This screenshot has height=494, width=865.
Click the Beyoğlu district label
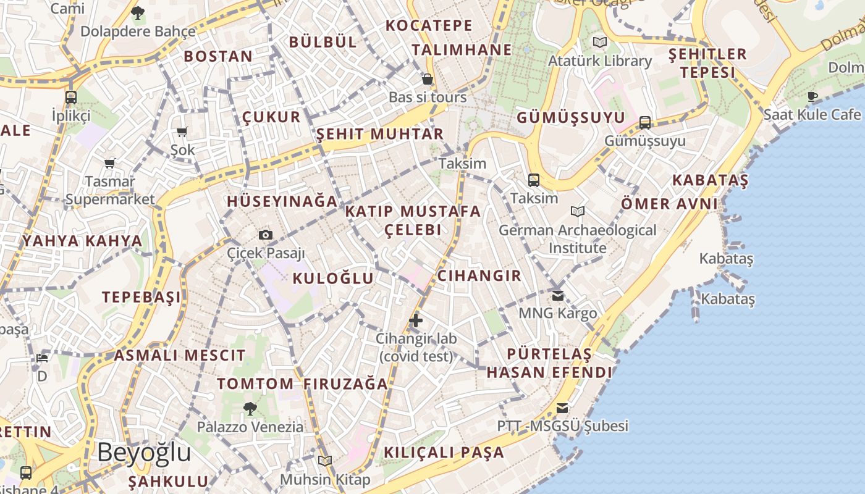coord(144,453)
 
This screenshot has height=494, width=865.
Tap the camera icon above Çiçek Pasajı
coord(266,235)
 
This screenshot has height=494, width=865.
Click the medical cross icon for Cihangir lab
coord(416,320)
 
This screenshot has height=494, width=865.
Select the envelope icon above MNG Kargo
coord(558,296)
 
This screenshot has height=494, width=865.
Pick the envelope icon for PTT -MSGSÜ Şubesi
coord(562,408)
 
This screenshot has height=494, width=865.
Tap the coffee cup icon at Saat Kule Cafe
coord(812,96)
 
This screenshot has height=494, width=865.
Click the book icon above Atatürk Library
coord(599,42)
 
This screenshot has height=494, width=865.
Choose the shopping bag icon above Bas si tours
coord(427,79)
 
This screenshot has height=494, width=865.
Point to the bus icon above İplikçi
coord(71,97)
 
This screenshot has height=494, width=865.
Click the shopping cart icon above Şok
coord(182,132)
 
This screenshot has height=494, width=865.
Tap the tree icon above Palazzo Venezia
coord(250,408)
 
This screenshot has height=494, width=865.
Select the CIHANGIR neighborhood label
coord(479,275)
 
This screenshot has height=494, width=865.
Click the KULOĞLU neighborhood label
coord(333,278)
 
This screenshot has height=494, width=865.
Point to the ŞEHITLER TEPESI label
coord(708,63)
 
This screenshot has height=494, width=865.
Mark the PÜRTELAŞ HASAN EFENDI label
coord(549,363)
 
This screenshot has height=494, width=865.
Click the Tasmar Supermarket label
coord(110,190)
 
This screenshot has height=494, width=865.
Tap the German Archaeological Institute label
coord(578,239)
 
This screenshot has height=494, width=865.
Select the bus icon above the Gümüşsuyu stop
coord(645,122)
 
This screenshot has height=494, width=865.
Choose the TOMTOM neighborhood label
coord(255,383)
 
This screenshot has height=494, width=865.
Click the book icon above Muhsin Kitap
coord(325,461)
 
